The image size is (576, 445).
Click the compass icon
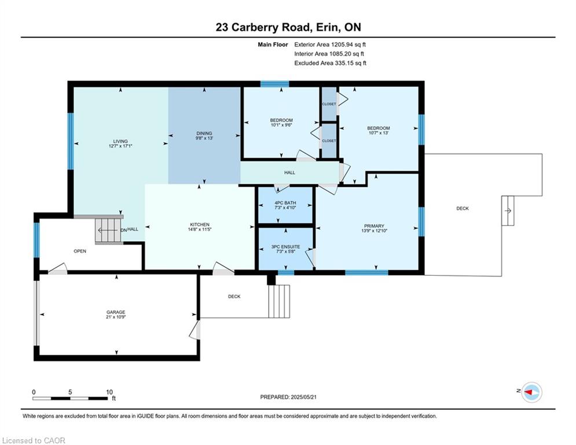(x=531, y=392)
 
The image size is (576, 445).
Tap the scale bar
(x=70, y=398)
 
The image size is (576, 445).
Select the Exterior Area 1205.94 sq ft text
(x=330, y=45)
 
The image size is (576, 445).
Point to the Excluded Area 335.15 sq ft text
(x=330, y=63)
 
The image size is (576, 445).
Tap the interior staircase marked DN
(x=108, y=230)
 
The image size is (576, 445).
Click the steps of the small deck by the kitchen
(x=279, y=301)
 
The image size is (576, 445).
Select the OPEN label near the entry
(x=80, y=251)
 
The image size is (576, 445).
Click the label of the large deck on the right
(x=463, y=209)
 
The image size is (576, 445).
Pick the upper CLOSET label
(x=329, y=104)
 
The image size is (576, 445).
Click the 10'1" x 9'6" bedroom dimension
(x=281, y=125)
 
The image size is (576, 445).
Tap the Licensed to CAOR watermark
(x=34, y=440)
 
